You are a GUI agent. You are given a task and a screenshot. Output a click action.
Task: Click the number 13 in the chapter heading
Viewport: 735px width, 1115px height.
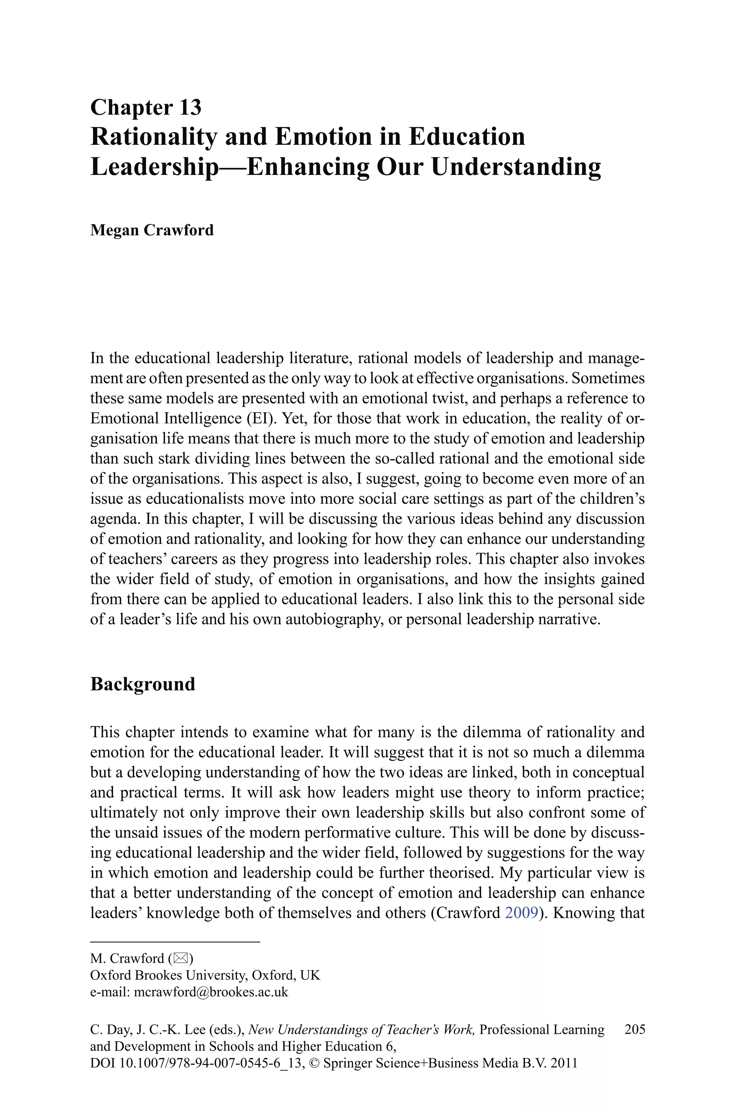pos(189,107)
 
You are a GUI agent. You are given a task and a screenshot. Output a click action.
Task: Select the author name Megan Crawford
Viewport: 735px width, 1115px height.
pos(152,230)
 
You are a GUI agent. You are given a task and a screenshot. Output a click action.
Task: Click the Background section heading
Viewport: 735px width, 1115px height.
pos(142,684)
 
